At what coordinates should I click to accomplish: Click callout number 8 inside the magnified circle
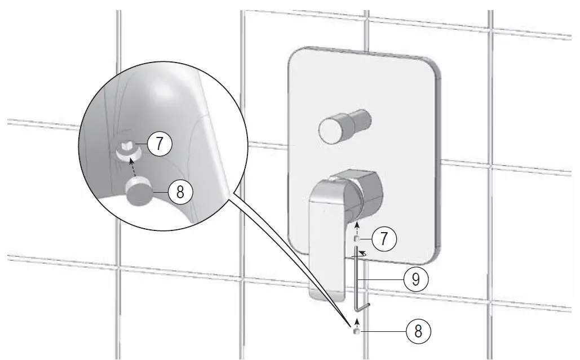[x=180, y=192]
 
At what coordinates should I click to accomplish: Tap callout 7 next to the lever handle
[x=384, y=238]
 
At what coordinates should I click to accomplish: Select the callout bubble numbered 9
[x=415, y=279]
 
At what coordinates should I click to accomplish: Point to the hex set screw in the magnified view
[x=129, y=149]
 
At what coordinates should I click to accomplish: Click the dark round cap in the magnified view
[x=140, y=191]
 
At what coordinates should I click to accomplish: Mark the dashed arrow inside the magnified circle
[x=132, y=167]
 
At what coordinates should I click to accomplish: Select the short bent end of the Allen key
[x=364, y=306]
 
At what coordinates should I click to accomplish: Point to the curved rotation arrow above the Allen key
[x=362, y=254]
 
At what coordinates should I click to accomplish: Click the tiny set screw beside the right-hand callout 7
[x=356, y=238]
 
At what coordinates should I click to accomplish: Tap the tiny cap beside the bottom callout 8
[x=356, y=332]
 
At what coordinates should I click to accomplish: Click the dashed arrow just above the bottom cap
[x=356, y=322]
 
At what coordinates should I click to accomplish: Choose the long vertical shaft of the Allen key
[x=356, y=276]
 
